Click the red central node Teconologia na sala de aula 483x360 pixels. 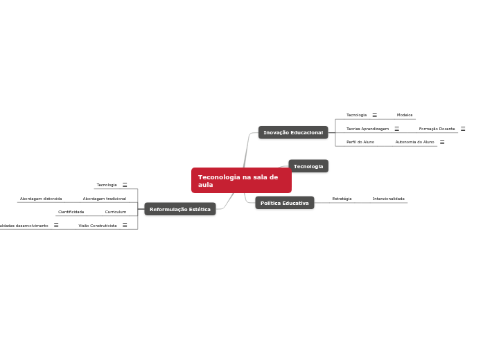[x=240, y=181]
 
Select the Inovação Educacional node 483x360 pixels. [x=293, y=132]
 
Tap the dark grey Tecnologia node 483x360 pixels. [x=308, y=166]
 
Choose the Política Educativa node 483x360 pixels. [x=284, y=203]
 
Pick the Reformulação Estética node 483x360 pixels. [x=180, y=209]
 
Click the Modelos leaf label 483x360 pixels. [x=405, y=115]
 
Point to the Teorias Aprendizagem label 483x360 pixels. [x=367, y=129]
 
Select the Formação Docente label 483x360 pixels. [x=437, y=129]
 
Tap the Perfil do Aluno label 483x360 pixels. [x=360, y=142]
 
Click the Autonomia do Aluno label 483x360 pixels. [x=414, y=142]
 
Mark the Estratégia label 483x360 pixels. [x=342, y=199]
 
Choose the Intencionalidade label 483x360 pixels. [x=388, y=199]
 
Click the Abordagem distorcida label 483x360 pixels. [x=41, y=199]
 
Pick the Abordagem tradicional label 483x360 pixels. [x=105, y=199]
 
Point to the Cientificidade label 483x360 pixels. [x=71, y=212]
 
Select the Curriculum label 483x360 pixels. [x=116, y=212]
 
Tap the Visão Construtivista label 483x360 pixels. [x=98, y=226]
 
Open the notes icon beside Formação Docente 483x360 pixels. [x=463, y=129]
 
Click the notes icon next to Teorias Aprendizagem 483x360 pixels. [x=397, y=129]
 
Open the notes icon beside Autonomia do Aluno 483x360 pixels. [x=442, y=142]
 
